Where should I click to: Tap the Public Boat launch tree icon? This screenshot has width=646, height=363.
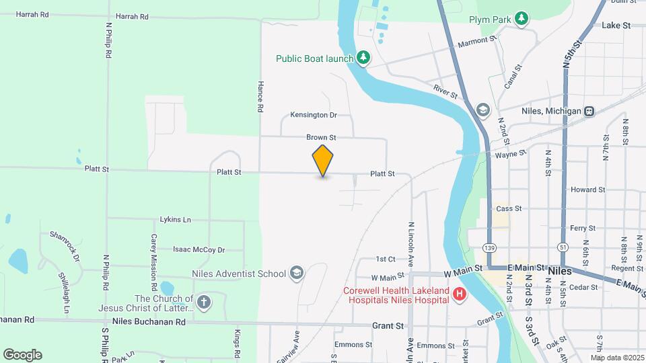pyautogui.click(x=363, y=58)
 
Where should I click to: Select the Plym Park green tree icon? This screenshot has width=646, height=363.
pyautogui.click(x=522, y=18)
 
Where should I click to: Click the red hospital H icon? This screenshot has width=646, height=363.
pyautogui.click(x=460, y=294)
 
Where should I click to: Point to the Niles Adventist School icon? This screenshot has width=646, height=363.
pyautogui.click(x=297, y=273)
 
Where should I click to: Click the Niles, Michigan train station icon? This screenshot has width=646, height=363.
pyautogui.click(x=589, y=111)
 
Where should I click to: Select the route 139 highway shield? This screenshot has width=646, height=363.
pyautogui.click(x=489, y=248)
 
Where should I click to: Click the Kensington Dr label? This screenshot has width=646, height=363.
pyautogui.click(x=313, y=115)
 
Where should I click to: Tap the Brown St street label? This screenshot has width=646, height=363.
pyautogui.click(x=321, y=137)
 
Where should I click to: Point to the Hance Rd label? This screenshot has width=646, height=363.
pyautogui.click(x=260, y=96)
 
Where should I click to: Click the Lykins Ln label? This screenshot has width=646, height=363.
pyautogui.click(x=176, y=220)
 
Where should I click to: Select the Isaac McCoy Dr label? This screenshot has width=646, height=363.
pyautogui.click(x=199, y=249)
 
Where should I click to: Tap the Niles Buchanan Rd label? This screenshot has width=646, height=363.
pyautogui.click(x=149, y=322)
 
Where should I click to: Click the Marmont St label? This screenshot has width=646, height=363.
pyautogui.click(x=476, y=42)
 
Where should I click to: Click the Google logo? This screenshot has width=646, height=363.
pyautogui.click(x=22, y=354)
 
